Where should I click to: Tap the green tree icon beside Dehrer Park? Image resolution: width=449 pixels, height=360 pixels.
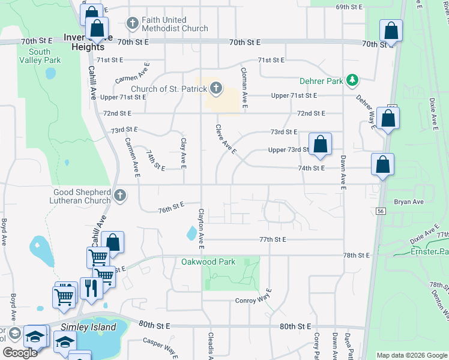[x=354, y=80]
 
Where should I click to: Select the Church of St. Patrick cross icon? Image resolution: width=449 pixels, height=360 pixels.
[x=215, y=90]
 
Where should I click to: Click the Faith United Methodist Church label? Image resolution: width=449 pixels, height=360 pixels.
[x=175, y=24]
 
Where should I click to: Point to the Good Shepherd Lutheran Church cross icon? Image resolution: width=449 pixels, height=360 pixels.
[x=120, y=195]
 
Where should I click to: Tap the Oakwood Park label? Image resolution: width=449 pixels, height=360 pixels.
[x=208, y=262]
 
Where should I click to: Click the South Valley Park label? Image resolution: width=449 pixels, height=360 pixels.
[x=40, y=56]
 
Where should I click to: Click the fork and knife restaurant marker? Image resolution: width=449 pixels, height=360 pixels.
[x=91, y=289]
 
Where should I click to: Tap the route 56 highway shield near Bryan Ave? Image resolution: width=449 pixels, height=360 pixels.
[x=381, y=211]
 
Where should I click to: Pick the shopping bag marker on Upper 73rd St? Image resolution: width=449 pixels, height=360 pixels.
[x=321, y=145]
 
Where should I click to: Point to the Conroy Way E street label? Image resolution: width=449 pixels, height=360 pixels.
[x=254, y=301]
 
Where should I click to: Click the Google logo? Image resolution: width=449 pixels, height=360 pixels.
[x=19, y=352]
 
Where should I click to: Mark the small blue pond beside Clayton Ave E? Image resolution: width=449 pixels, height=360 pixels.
[x=191, y=232]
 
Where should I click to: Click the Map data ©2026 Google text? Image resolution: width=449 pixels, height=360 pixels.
[x=412, y=355]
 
